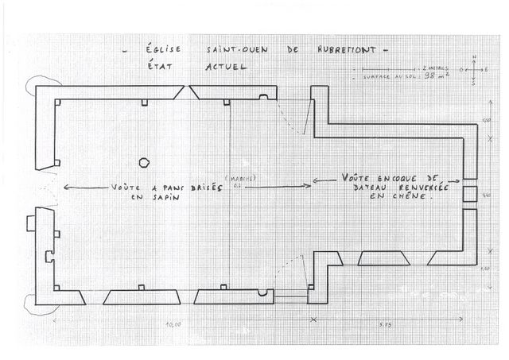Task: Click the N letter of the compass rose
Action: pos(474,58)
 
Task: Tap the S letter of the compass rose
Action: pos(474,85)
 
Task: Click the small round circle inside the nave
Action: pos(144,162)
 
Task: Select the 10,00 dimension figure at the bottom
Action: pos(173,325)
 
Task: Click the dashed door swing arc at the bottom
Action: pos(292,269)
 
